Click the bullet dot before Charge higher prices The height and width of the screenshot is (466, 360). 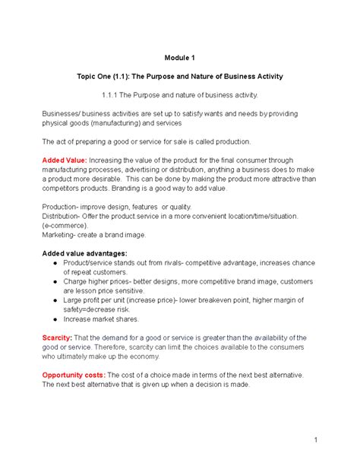(57, 281)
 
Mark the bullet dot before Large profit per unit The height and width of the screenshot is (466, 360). (57, 300)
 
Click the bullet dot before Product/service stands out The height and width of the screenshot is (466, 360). (57, 262)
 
